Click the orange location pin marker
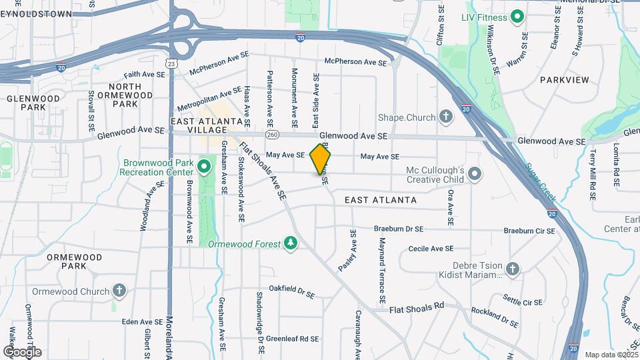320,158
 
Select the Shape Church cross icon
446,117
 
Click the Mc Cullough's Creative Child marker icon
475,175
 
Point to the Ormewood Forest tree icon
290,243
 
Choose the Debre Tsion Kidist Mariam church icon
512,269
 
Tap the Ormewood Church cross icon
119,291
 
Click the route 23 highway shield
172,64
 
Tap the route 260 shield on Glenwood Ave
272,135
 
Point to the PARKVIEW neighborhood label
564,80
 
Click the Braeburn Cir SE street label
529,231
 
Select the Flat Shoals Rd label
417,309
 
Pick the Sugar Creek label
540,183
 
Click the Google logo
22,351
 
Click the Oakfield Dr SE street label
291,291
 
